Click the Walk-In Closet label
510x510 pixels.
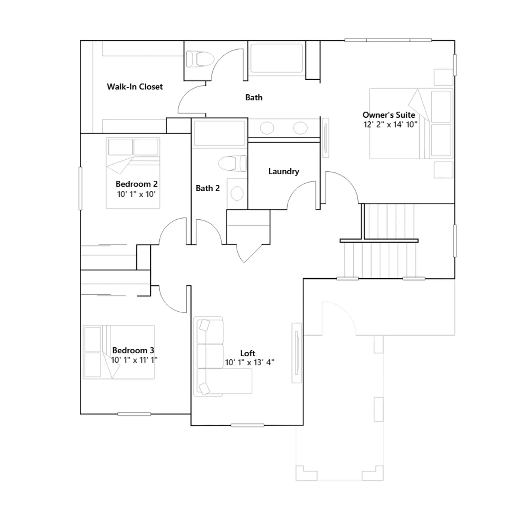[x=135, y=87]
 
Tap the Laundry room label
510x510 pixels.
[x=284, y=171]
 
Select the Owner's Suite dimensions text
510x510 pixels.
[x=390, y=124]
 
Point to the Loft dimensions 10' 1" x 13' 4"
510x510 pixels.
[x=250, y=362]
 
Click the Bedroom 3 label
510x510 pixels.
[x=133, y=350]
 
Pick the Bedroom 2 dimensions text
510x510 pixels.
[x=136, y=194]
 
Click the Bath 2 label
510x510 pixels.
[x=208, y=188]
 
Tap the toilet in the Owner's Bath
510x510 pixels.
[x=200, y=59]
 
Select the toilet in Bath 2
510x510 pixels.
[x=232, y=163]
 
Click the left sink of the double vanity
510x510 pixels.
[x=267, y=128]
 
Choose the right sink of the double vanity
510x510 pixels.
[x=300, y=128]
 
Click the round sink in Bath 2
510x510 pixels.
[x=237, y=193]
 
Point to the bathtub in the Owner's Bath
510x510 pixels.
[x=276, y=58]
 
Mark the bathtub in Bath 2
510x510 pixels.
[x=219, y=133]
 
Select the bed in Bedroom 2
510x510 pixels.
[x=133, y=173]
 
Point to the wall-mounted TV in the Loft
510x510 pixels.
[x=296, y=353]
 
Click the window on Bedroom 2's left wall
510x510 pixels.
[x=80, y=188]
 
